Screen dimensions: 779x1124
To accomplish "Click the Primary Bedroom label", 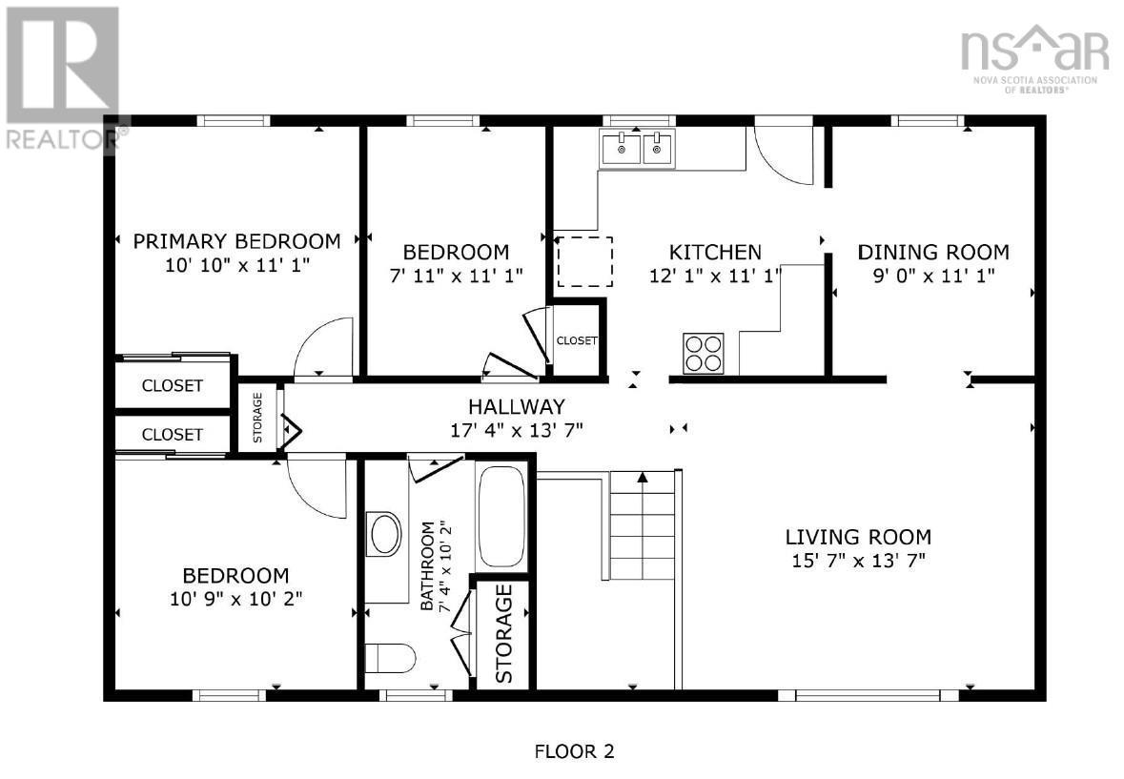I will tap(236, 240).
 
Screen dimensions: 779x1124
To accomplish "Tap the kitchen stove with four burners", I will tap(703, 353).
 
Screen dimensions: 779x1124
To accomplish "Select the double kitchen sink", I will tap(636, 149).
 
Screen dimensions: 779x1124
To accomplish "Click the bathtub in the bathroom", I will tap(501, 516).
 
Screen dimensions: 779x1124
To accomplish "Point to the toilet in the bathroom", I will tap(391, 658).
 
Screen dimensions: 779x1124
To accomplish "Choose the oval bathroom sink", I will tap(385, 534).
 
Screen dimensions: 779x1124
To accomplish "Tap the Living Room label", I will tap(858, 537).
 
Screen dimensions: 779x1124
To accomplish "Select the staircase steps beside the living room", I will tap(642, 524).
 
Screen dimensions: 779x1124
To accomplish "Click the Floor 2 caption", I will tap(573, 751).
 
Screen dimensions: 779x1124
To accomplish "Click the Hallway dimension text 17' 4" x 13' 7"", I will tap(516, 429).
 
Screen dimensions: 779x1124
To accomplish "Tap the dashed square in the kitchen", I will tap(584, 262).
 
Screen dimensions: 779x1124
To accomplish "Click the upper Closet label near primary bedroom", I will tap(172, 386).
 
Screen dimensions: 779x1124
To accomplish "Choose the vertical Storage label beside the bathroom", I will tap(503, 633).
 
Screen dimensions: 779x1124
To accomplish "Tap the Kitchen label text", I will tap(715, 253).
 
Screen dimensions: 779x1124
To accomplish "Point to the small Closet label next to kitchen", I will tap(576, 340).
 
